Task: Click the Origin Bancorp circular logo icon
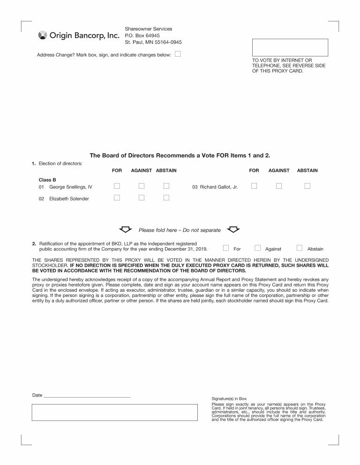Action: (x=42, y=36)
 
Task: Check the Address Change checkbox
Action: (x=178, y=54)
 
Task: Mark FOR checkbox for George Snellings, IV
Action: (x=117, y=186)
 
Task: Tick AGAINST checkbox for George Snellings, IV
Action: (x=141, y=186)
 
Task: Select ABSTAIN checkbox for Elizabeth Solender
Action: (x=166, y=198)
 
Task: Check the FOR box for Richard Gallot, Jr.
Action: (x=254, y=186)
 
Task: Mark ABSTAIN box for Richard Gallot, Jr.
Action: (x=307, y=186)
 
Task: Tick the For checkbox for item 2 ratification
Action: (x=226, y=248)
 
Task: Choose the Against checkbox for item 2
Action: (x=257, y=248)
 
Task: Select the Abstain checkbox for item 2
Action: (x=300, y=248)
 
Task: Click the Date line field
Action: (x=87, y=396)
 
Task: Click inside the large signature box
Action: (x=114, y=412)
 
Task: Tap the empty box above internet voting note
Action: (x=290, y=47)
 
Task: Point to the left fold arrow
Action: (x=125, y=229)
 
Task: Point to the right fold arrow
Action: (x=233, y=229)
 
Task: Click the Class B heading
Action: (x=47, y=180)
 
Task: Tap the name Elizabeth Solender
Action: (x=69, y=199)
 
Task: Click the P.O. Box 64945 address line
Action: (x=142, y=36)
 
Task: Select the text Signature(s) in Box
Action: (x=229, y=399)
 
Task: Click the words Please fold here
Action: (x=157, y=230)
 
